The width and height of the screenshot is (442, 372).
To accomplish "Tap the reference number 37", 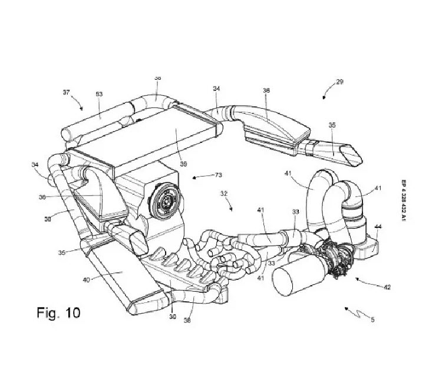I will click(x=66, y=92).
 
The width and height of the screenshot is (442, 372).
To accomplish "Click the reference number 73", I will click(x=217, y=175).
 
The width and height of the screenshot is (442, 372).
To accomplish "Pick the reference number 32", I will click(x=225, y=193).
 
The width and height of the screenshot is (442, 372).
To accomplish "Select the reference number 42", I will click(x=387, y=288).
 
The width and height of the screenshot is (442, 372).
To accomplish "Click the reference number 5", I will click(x=373, y=319).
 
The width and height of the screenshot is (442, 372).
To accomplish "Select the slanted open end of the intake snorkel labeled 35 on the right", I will click(x=352, y=156).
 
